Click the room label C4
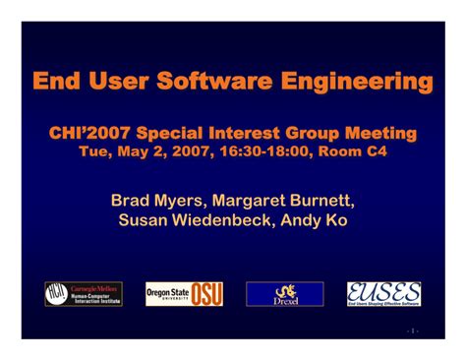(x=378, y=151)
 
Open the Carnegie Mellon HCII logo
(x=84, y=293)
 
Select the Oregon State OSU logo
(x=184, y=293)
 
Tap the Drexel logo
(x=285, y=293)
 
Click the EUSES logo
(x=384, y=293)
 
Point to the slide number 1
(x=414, y=330)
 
